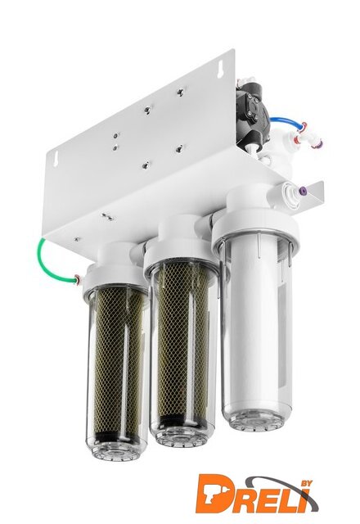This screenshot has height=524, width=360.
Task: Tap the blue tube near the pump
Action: tap(287, 120)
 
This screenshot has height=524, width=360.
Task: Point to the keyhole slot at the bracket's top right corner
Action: tap(221, 71)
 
